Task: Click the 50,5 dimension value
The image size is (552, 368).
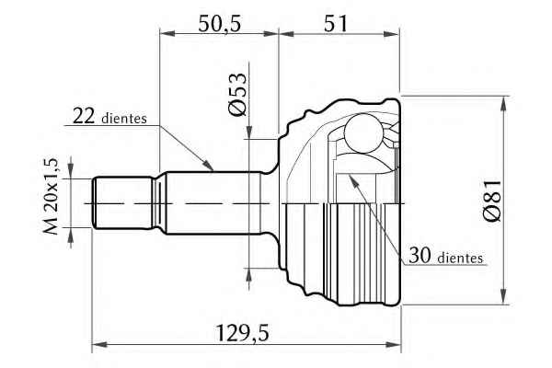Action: point(219,24)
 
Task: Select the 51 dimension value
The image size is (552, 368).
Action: point(336,24)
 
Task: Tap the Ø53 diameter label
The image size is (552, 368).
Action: point(237,94)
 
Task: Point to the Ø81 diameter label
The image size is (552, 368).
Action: point(492,201)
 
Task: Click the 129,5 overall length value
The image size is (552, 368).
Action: point(242,333)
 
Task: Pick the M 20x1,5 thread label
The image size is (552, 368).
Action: point(51,196)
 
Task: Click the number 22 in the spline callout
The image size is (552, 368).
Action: point(84,116)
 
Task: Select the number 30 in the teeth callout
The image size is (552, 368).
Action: point(420,256)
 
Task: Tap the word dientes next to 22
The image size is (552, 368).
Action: point(124,119)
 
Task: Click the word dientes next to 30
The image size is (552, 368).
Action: point(461,259)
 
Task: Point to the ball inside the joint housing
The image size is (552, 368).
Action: point(363,133)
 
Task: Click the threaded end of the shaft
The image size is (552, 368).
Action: point(123,203)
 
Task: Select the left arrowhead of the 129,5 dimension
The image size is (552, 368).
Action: point(99,344)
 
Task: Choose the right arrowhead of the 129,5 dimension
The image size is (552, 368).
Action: point(394,344)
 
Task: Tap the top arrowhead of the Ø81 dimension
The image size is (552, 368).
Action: point(504,103)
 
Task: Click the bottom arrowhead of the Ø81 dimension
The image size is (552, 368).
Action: point(504,296)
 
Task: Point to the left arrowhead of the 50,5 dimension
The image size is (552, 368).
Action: point(167,34)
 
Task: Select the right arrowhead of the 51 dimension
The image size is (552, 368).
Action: point(392,34)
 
